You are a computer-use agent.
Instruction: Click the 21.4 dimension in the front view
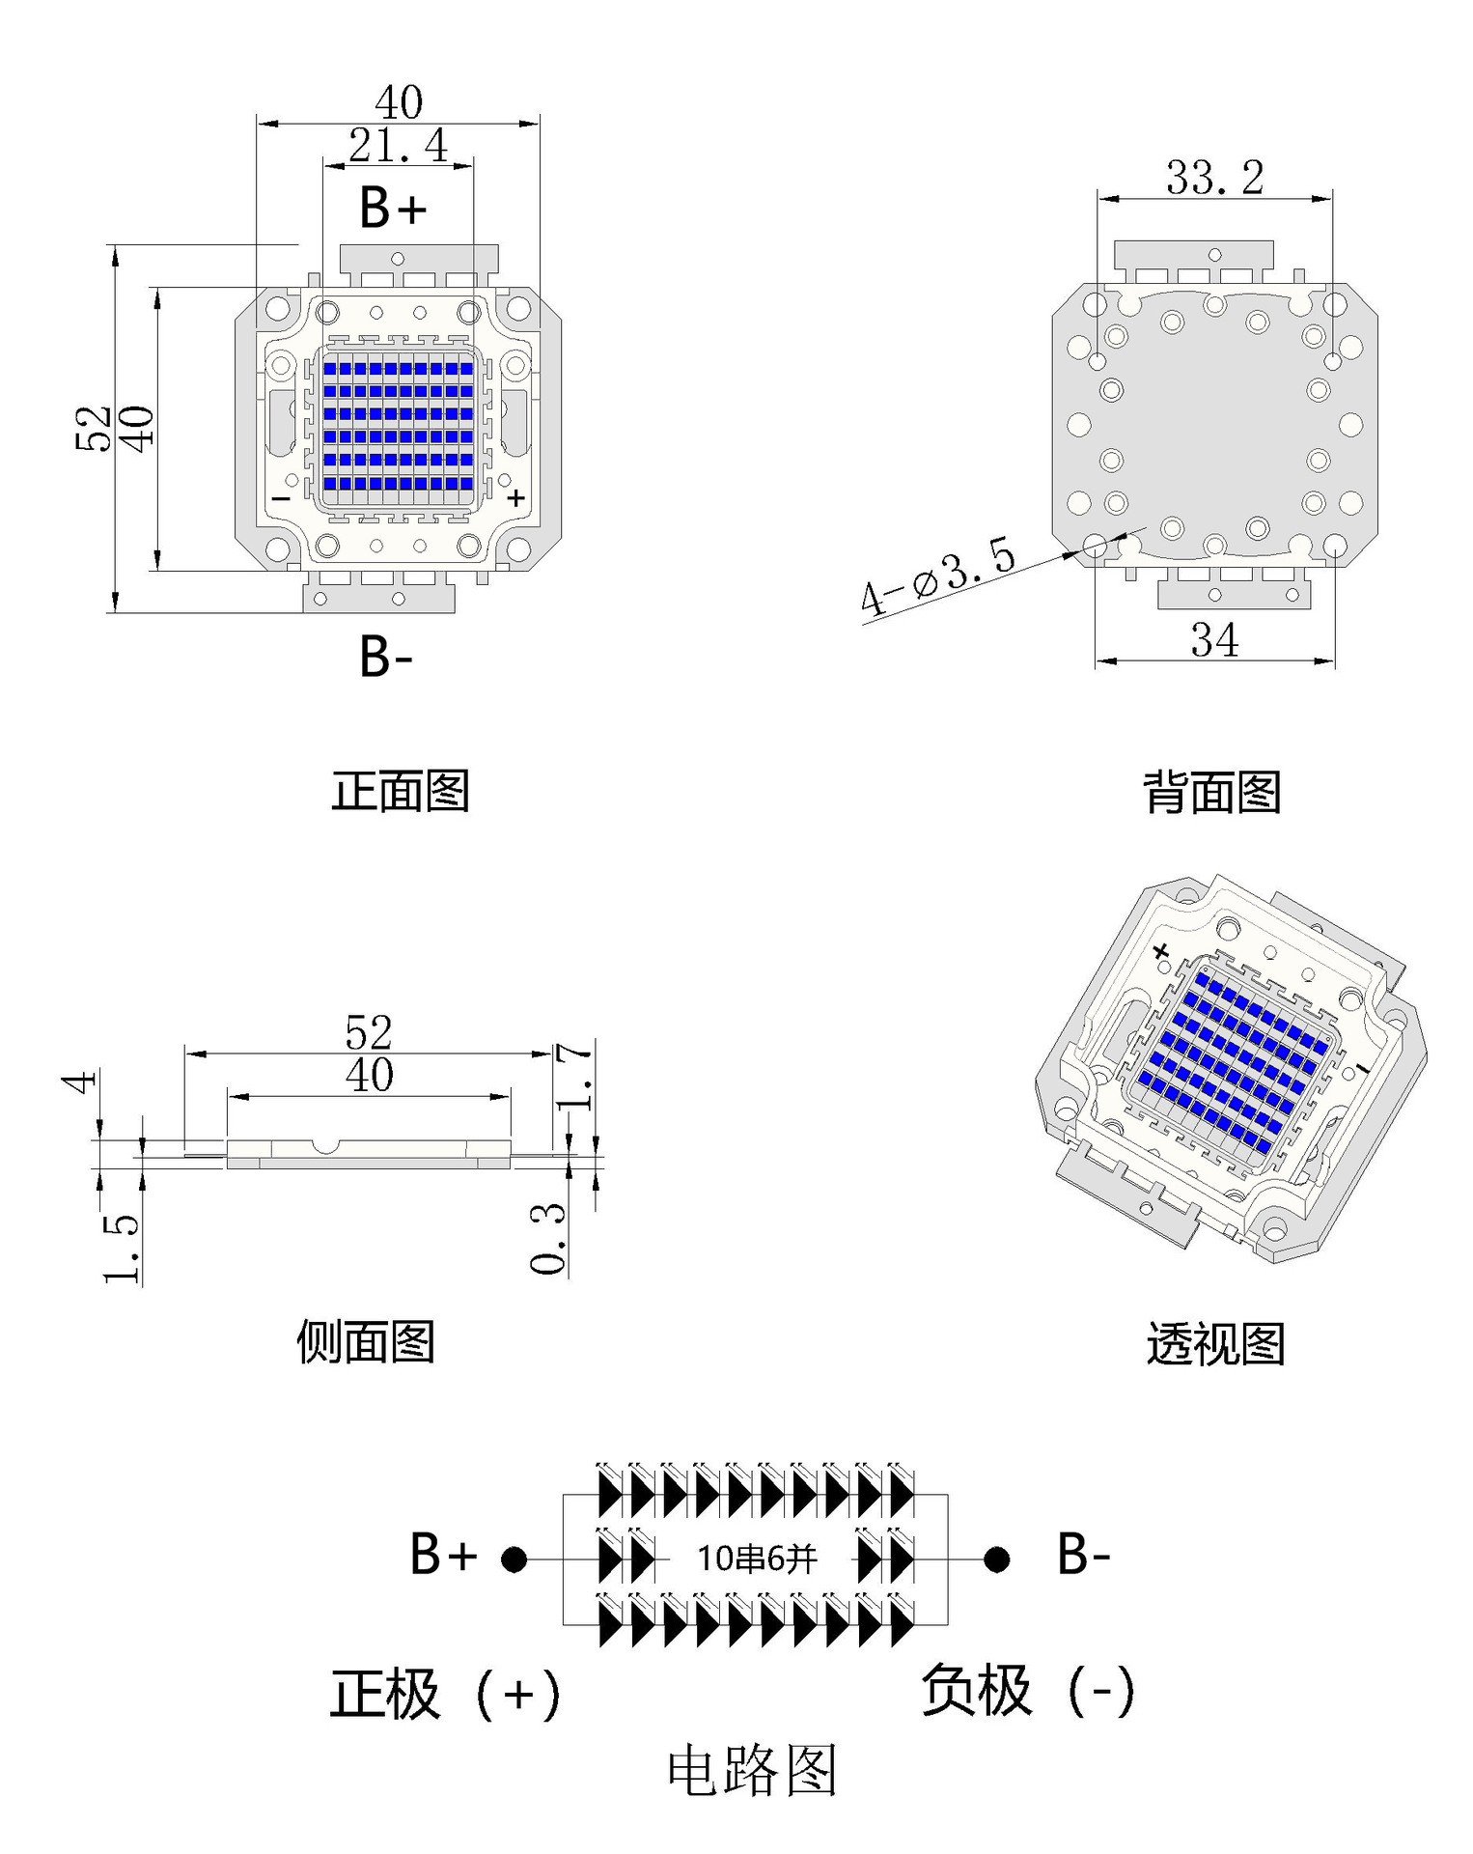(x=398, y=147)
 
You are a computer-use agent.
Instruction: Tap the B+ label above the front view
(x=392, y=208)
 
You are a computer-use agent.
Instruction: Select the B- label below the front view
(x=386, y=657)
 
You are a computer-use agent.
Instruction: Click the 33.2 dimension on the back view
(x=1214, y=178)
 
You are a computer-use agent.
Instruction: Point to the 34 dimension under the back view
(x=1214, y=640)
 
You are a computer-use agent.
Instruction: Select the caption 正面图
(x=401, y=791)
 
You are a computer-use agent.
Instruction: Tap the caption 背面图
(x=1212, y=793)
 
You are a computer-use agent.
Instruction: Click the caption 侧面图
(x=366, y=1342)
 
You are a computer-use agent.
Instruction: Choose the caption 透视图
(x=1215, y=1344)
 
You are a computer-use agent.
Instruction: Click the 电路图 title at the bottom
(x=752, y=1770)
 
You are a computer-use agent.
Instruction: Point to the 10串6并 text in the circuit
(x=757, y=1559)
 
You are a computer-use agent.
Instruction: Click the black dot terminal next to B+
(x=514, y=1559)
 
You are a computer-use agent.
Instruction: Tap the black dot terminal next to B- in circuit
(x=997, y=1559)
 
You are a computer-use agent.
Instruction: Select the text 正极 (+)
(x=445, y=1694)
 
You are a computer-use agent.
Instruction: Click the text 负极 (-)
(x=1029, y=1691)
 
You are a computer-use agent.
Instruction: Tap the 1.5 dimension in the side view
(x=123, y=1248)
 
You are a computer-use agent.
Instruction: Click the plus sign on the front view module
(x=516, y=497)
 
